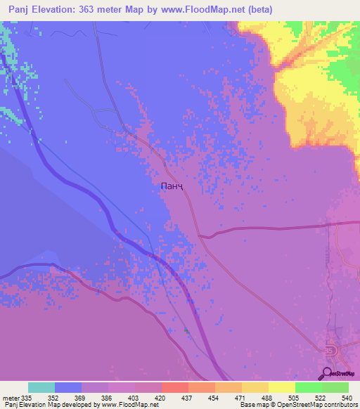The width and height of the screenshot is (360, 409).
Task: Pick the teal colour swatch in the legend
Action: coord(41,387)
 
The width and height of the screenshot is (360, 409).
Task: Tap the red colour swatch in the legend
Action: coord(175,387)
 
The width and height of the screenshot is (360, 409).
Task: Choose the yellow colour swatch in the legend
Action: coord(282,387)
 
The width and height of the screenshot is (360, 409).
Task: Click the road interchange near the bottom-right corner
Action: coord(330,351)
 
